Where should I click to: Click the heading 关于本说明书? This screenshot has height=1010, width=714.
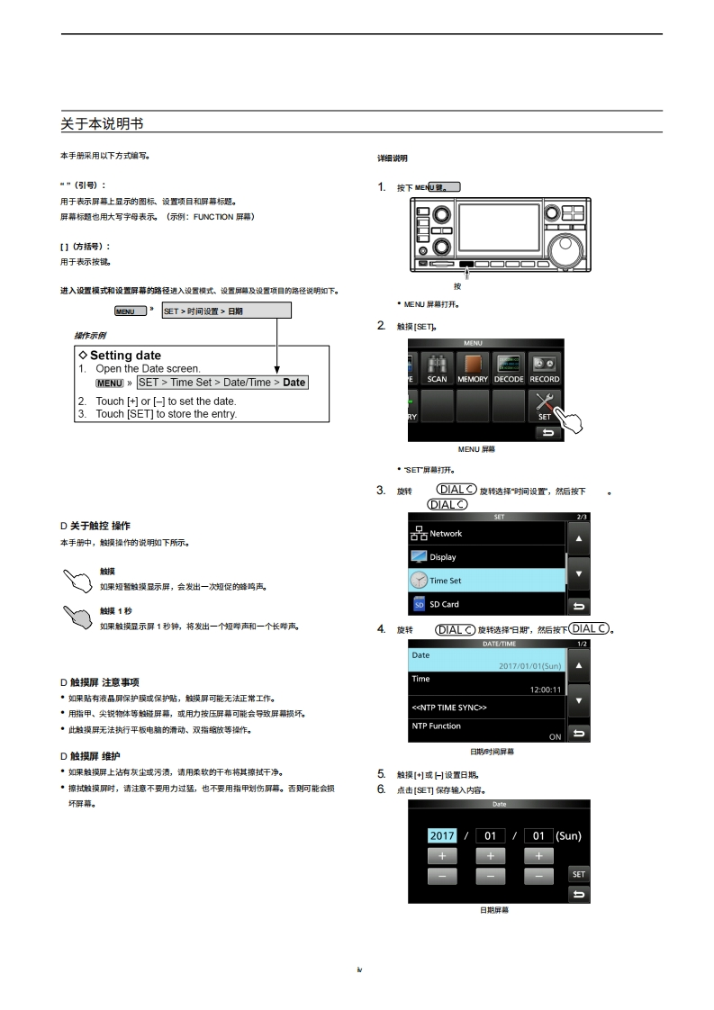click(102, 122)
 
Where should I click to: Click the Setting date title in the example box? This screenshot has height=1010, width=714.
click(125, 356)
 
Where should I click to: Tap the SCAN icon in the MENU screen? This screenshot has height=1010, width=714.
click(437, 368)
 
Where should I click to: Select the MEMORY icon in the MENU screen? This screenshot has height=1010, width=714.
click(473, 368)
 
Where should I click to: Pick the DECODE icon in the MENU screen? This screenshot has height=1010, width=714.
click(509, 368)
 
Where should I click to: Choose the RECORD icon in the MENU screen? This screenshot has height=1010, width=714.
click(545, 368)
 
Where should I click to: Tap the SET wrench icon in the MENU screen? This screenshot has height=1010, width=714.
click(545, 405)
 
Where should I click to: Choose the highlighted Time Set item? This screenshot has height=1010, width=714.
click(486, 581)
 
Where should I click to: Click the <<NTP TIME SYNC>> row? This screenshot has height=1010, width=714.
click(486, 707)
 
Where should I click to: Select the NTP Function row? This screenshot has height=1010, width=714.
click(486, 730)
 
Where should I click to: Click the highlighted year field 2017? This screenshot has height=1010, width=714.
click(442, 835)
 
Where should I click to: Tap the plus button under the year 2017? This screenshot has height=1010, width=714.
click(442, 856)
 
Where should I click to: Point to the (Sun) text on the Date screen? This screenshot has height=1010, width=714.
click(568, 835)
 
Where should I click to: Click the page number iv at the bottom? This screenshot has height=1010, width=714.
click(358, 969)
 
